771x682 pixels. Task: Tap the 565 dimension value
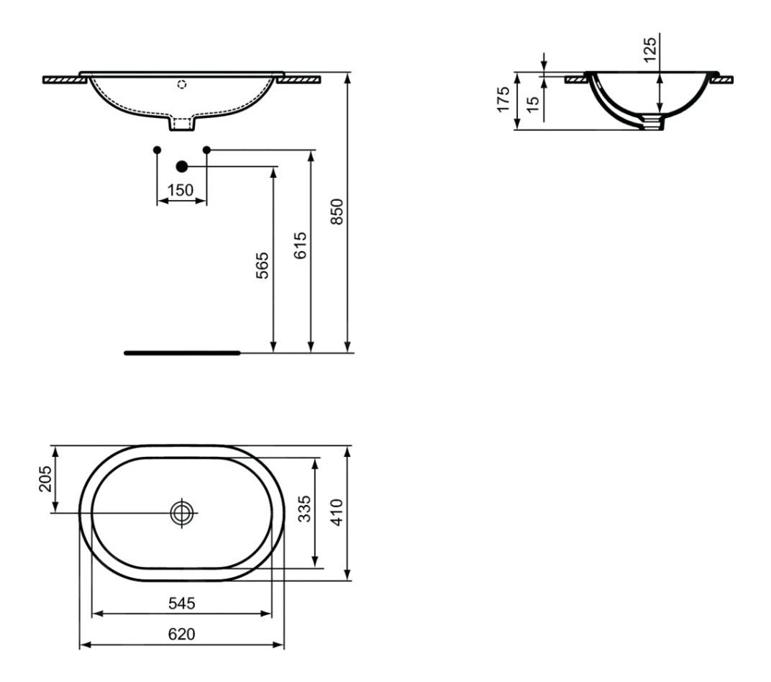pyautogui.click(x=264, y=265)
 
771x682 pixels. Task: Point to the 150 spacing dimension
pyautogui.click(x=180, y=190)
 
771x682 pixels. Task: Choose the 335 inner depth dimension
pyautogui.click(x=304, y=509)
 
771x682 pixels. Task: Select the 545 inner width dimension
pyautogui.click(x=181, y=603)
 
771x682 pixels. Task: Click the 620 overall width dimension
pyautogui.click(x=181, y=634)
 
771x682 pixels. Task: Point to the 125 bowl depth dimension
pyautogui.click(x=649, y=50)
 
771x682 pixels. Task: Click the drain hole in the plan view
pyautogui.click(x=183, y=512)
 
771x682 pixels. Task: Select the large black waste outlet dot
pyautogui.click(x=181, y=167)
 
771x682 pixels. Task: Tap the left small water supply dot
pyautogui.click(x=158, y=150)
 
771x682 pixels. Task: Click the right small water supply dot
pyautogui.click(x=206, y=150)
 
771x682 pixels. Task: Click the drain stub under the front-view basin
pyautogui.click(x=182, y=124)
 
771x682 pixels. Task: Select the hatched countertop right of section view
pyautogui.click(x=723, y=79)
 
